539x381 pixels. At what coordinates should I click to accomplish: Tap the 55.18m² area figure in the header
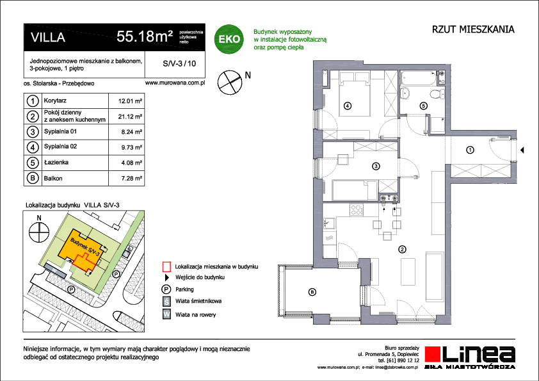click(x=145, y=37)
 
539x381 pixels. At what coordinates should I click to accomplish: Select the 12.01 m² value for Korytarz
click(x=130, y=101)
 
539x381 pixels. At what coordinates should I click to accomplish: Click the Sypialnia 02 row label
click(x=58, y=147)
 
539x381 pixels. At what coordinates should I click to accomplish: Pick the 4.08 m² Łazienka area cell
click(x=130, y=163)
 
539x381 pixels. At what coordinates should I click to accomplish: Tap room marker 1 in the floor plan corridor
click(x=470, y=150)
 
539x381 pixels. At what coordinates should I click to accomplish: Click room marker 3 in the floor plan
click(x=376, y=166)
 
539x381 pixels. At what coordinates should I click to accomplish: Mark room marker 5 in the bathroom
click(x=423, y=106)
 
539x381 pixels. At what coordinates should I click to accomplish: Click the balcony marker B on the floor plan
click(x=312, y=293)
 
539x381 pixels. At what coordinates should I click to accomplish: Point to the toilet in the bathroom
click(x=436, y=95)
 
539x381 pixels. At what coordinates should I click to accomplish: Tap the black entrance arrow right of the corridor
click(x=522, y=151)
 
